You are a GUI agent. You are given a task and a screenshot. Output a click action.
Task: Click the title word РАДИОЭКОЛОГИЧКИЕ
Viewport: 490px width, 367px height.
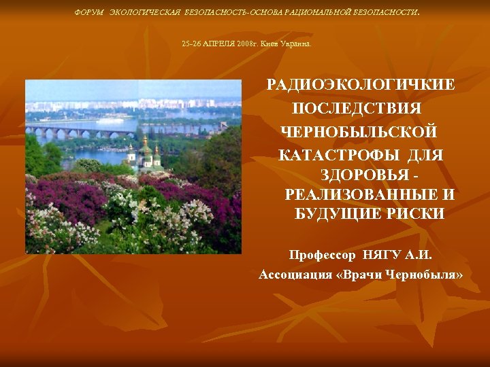(361, 85)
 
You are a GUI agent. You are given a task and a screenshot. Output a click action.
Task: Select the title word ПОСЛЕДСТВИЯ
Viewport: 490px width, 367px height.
(357, 108)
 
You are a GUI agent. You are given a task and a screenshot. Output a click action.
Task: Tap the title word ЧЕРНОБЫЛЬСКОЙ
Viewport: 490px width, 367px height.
(358, 131)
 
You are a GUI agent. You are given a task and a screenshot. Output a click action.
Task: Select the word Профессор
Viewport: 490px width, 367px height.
(322, 255)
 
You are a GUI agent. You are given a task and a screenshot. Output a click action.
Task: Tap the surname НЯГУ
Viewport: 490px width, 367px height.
(385, 255)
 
